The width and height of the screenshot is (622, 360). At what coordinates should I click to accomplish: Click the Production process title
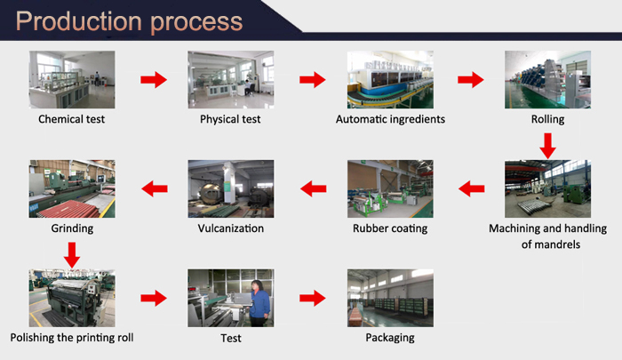pos(130,22)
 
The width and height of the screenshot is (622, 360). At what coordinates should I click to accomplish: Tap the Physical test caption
pos(230,118)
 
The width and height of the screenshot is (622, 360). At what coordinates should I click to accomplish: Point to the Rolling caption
pos(547,118)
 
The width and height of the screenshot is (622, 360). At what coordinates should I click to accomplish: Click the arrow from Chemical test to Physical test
pos(154,80)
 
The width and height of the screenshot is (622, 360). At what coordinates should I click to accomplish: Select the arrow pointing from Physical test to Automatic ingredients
pos(312,80)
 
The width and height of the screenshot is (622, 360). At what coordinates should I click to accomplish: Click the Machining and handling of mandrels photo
pos(547,188)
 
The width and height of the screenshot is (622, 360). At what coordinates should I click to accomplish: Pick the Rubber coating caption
pos(389,228)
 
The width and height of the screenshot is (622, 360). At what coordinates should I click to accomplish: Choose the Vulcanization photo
pos(230,188)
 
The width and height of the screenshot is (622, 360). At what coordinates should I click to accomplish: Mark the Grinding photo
pos(73,188)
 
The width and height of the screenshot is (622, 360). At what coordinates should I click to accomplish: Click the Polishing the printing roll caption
pos(73,338)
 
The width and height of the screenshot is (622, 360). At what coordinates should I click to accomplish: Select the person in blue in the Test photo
pos(259,302)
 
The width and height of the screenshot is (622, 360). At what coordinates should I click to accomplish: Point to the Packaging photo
pos(389,298)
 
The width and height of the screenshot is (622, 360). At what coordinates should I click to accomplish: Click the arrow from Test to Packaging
pos(312,298)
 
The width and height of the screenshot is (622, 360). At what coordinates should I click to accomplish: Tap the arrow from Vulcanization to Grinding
pos(154,188)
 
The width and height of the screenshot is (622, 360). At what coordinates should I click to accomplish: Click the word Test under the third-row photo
pos(230,338)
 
